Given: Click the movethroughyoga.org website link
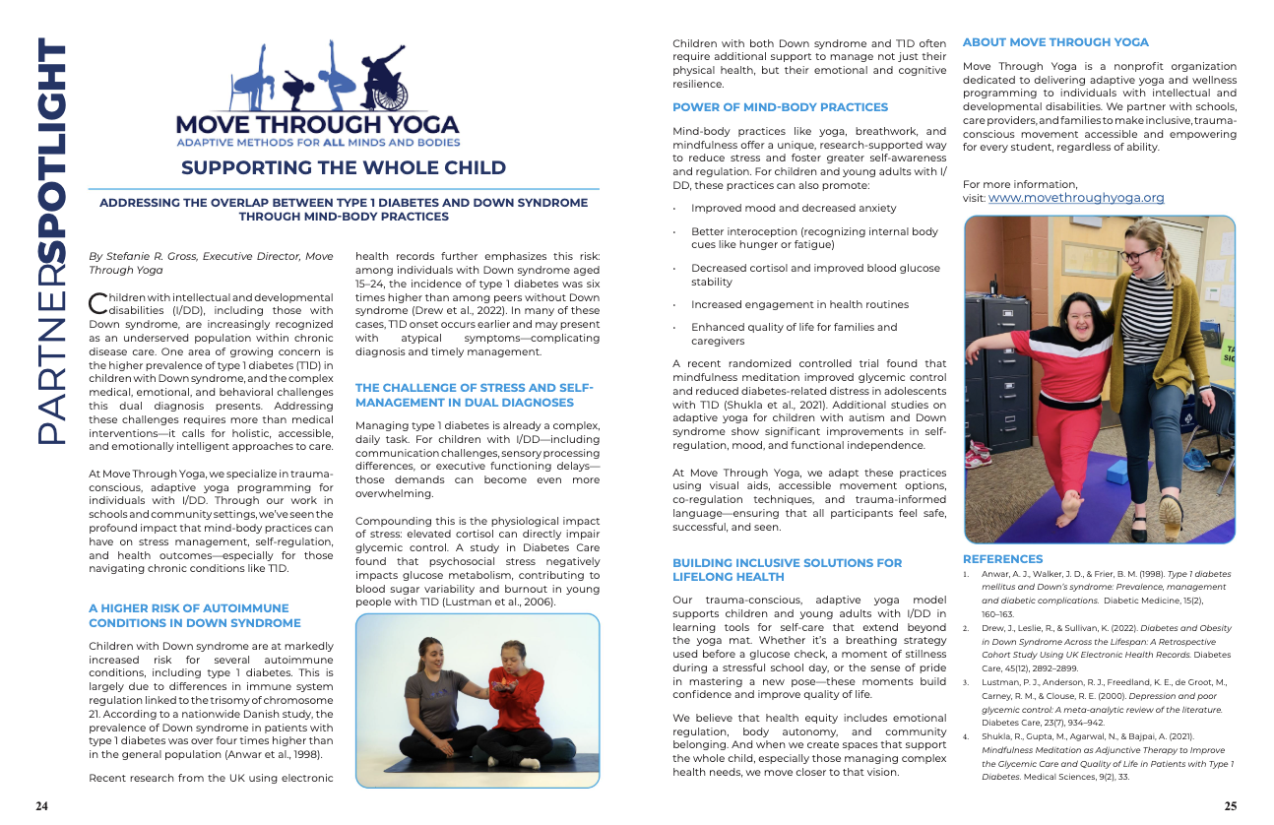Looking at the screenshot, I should tap(1076, 198).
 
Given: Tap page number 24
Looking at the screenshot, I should tap(42, 806).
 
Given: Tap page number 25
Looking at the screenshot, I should tap(1230, 806).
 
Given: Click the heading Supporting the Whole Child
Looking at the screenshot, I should tap(343, 167).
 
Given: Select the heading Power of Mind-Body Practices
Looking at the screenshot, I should tap(780, 107).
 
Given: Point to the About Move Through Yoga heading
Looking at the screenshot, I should tap(1055, 42).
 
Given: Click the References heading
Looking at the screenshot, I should tap(1002, 559).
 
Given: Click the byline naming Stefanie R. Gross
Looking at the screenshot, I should tap(211, 263).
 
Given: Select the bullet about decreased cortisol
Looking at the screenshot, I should tap(815, 275).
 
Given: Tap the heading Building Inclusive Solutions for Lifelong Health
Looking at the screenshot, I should tap(787, 570).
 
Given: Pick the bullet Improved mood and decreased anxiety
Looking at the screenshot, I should tap(793, 209).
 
